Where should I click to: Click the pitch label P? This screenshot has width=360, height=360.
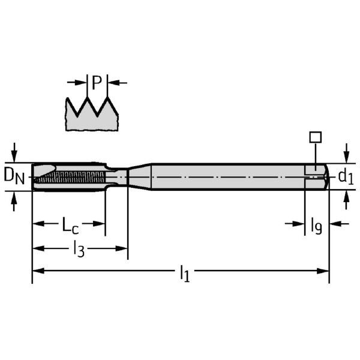point(97,83)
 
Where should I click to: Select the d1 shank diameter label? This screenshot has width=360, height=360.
point(345,176)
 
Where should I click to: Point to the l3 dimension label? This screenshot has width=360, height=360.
point(79,249)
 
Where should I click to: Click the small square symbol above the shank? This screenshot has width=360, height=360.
point(315,137)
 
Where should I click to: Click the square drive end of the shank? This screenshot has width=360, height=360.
point(316,176)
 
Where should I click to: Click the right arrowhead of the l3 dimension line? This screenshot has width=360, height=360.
point(124,247)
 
